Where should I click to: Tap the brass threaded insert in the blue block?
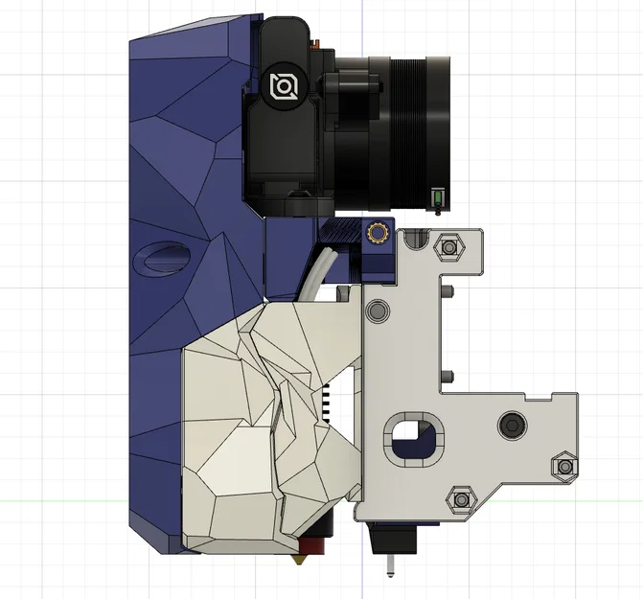(377, 233)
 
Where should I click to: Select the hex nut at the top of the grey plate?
(447, 246)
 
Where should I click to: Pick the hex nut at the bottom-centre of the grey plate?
(461, 499)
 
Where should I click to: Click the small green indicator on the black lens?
(436, 197)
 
